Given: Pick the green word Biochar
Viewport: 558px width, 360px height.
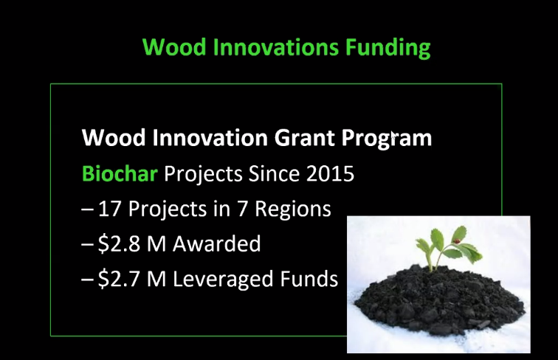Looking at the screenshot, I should (x=120, y=174).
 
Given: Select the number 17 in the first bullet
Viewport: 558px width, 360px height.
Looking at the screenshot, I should (x=110, y=209).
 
